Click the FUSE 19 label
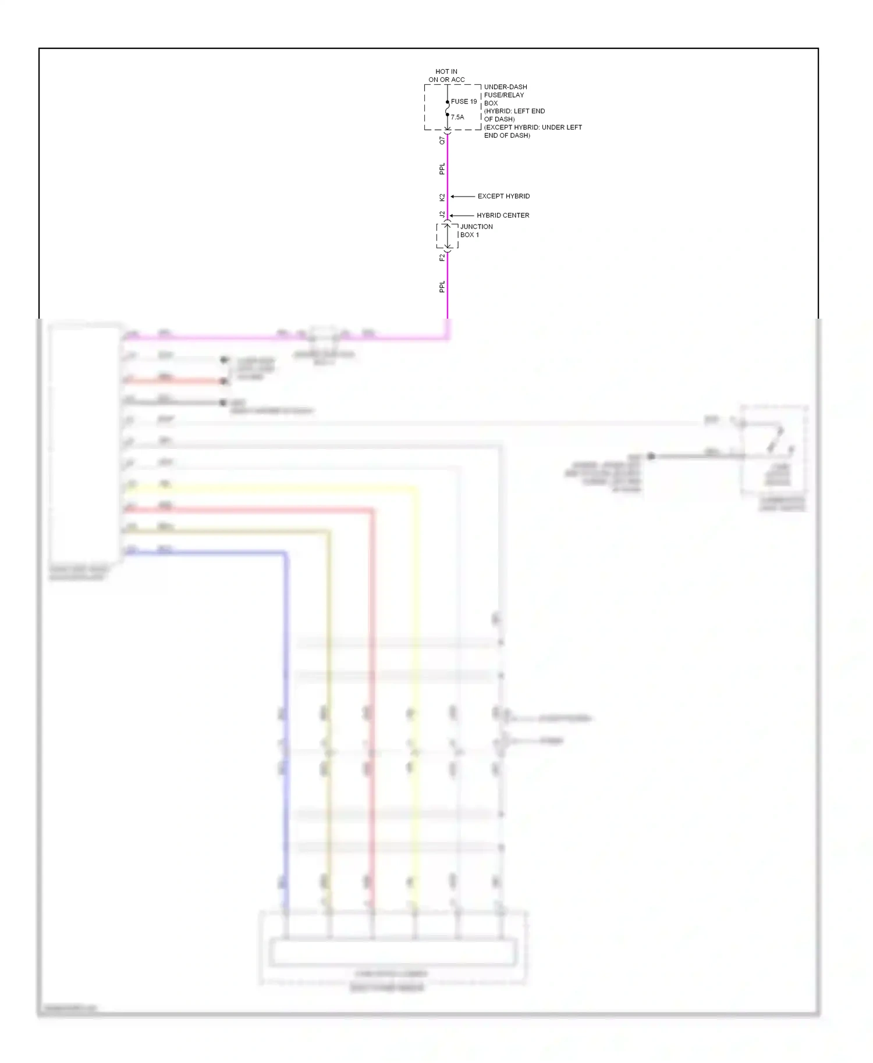point(464,102)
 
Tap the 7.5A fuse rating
point(457,117)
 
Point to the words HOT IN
point(446,72)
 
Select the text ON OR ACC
point(446,80)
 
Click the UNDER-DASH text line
point(506,87)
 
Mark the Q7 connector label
point(442,140)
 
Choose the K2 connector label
point(442,198)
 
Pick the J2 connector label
point(442,215)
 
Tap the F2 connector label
point(442,257)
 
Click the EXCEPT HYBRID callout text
point(503,197)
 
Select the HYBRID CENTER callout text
point(503,216)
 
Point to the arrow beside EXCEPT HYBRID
point(463,197)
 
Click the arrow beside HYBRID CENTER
point(462,216)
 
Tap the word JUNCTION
point(477,227)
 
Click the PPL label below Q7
point(442,169)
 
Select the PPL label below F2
point(442,287)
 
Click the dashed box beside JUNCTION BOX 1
point(447,236)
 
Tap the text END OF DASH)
point(507,135)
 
